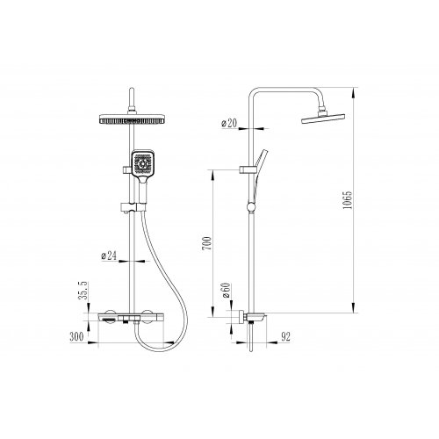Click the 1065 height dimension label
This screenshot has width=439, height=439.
[348, 200]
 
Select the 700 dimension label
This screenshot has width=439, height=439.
[206, 243]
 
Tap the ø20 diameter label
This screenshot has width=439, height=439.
[229, 123]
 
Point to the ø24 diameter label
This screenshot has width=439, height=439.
[109, 255]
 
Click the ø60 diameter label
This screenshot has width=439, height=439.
[227, 291]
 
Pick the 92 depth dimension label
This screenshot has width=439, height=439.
[285, 337]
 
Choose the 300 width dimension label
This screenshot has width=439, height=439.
[76, 337]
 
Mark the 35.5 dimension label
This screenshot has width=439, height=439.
[83, 291]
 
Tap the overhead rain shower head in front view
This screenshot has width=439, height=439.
[132, 119]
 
